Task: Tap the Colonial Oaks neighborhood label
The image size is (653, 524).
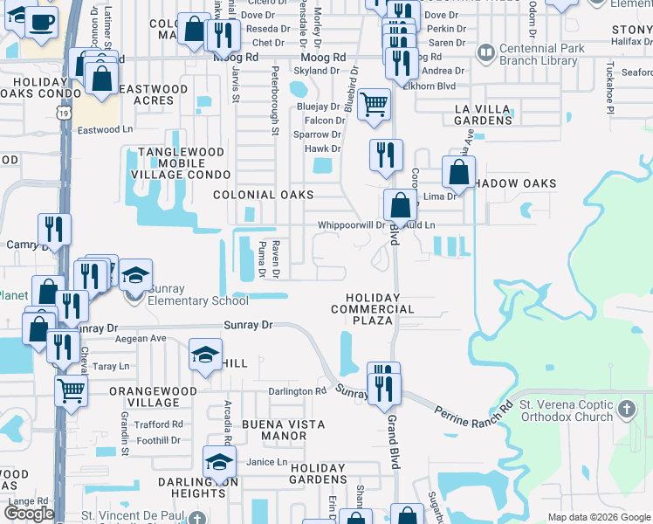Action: click(x=264, y=195)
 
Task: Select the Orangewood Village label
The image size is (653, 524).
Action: click(x=144, y=397)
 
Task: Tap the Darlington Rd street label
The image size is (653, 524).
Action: click(x=297, y=391)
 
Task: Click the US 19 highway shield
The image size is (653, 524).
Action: click(x=61, y=113)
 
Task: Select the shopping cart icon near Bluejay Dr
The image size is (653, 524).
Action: click(x=375, y=105)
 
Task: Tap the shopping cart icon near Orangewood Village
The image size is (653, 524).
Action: click(x=71, y=390)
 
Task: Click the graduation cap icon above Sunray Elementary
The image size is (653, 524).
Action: click(x=135, y=275)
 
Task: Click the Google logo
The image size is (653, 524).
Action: click(x=29, y=514)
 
